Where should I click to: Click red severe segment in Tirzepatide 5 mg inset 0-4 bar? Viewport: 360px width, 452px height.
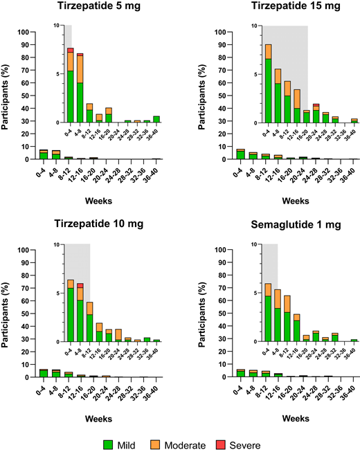70,50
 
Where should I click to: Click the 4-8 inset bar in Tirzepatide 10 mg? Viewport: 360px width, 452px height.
80,311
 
